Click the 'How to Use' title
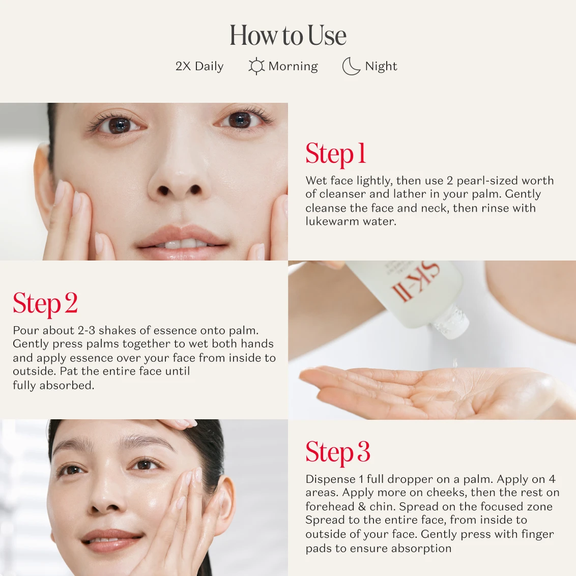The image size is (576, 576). tap(288, 35)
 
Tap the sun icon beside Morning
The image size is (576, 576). tap(256, 66)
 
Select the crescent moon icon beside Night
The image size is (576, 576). tap(351, 67)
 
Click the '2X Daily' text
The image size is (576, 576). tap(199, 67)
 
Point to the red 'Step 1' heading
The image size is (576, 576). tap(336, 154)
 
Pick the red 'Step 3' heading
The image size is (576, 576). tap(337, 452)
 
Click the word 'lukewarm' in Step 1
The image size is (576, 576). tap(332, 221)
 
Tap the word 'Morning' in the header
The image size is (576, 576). tap(293, 67)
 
